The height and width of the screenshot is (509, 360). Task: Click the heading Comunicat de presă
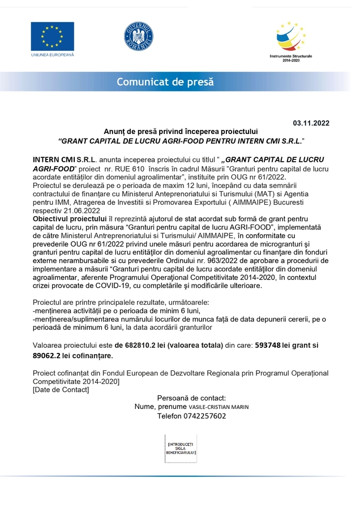click(165, 83)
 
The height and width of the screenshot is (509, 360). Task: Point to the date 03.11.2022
click(311, 123)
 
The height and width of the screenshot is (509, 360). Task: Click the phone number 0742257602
click(200, 416)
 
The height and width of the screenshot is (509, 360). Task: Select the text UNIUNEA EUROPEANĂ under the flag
click(53, 55)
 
